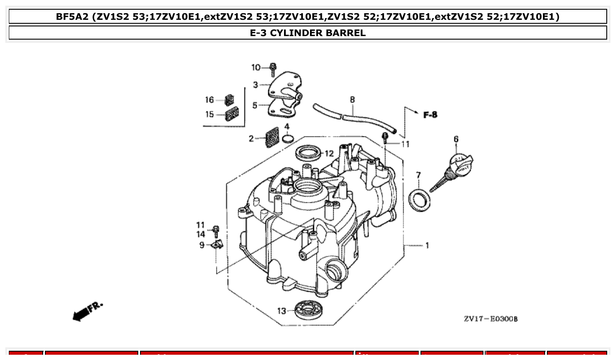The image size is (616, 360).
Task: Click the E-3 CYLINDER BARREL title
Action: tap(308, 33)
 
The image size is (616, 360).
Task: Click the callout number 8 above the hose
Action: tap(352, 100)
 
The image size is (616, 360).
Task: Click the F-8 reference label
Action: tap(430, 115)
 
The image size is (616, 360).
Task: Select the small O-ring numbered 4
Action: tap(287, 139)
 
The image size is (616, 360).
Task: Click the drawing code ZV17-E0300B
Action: tap(491, 319)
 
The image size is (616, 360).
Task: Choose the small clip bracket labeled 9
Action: tap(217, 244)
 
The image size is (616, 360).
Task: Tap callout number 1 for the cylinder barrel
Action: tap(427, 245)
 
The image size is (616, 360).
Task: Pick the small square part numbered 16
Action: tap(229, 100)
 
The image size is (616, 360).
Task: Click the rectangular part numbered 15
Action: tap(231, 114)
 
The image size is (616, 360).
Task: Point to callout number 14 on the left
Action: tap(201, 234)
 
